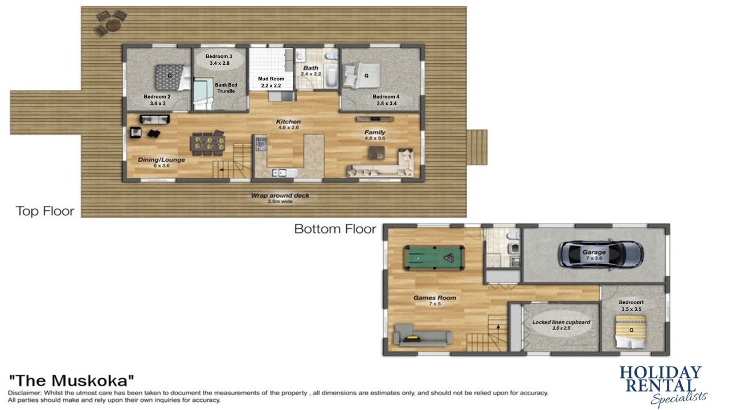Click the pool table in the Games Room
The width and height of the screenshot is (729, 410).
pyautogui.click(x=434, y=258)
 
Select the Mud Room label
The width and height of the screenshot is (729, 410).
pyautogui.click(x=271, y=82)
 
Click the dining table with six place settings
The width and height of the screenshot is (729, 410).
pyautogui.click(x=208, y=144)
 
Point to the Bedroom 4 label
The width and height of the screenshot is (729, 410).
pyautogui.click(x=386, y=100)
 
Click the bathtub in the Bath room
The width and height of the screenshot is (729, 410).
pyautogui.click(x=331, y=77)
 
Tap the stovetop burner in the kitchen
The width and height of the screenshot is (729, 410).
pyautogui.click(x=261, y=144)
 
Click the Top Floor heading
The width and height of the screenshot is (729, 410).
pyautogui.click(x=45, y=211)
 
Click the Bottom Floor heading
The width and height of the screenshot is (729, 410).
pyautogui.click(x=335, y=229)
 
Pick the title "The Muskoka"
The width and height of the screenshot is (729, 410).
pyautogui.click(x=71, y=380)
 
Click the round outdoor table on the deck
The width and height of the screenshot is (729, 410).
pyautogui.click(x=113, y=25)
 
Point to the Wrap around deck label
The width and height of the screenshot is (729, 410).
pyautogui.click(x=280, y=198)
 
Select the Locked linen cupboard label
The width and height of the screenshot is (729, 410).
pyautogui.click(x=561, y=325)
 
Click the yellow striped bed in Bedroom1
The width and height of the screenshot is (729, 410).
pyautogui.click(x=630, y=331)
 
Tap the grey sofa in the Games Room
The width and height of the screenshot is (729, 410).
pyautogui.click(x=423, y=334)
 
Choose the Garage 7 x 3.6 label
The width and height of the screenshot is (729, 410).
pyautogui.click(x=594, y=255)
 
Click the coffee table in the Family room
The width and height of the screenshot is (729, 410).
pyautogui.click(x=376, y=153)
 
